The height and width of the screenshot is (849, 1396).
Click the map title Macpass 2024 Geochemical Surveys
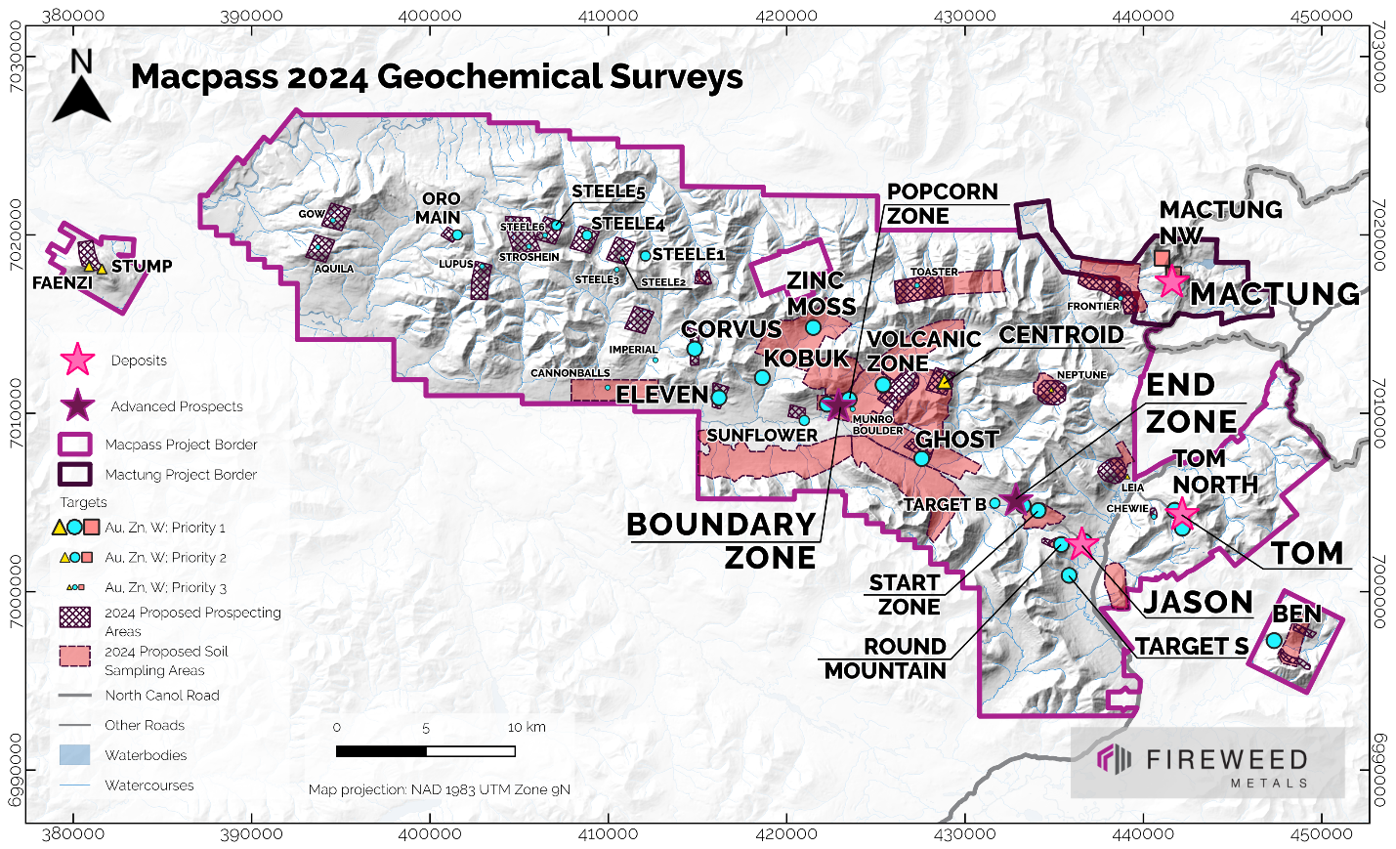[437, 77]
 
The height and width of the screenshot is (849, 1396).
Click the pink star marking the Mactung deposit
[1171, 282]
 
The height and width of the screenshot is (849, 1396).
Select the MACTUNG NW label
[1220, 222]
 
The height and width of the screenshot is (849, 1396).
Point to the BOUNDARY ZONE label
[721, 540]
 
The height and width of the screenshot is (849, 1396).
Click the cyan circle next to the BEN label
[1274, 641]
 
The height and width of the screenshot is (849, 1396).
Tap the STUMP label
[142, 266]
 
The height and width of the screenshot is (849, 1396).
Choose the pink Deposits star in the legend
[77, 361]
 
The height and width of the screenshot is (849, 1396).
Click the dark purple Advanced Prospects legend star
[77, 406]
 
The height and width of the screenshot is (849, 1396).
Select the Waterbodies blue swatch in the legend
[74, 755]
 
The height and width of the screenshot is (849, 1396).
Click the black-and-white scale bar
[425, 751]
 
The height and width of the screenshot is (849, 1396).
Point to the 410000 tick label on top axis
[608, 16]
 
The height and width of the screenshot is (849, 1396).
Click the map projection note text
[440, 789]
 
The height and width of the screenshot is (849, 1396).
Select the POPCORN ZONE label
[942, 203]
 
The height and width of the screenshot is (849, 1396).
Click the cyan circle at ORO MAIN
[456, 234]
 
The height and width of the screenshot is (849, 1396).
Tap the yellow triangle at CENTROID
[944, 383]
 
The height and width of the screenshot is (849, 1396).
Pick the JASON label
[1198, 602]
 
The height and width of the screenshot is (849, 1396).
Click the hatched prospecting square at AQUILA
[319, 247]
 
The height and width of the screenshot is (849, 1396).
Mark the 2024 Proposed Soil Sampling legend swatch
[74, 656]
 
